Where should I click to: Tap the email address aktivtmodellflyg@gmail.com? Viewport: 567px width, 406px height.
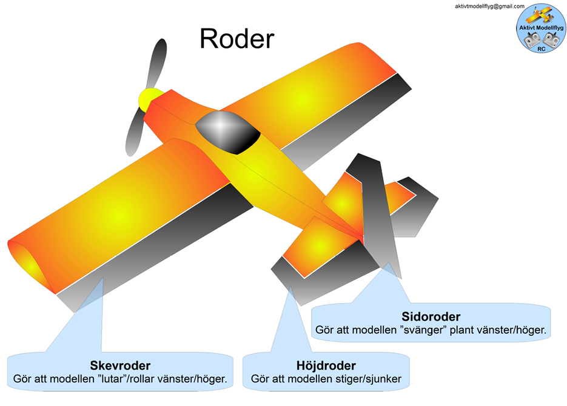pos(489,6)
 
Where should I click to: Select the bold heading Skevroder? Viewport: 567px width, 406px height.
pos(120,366)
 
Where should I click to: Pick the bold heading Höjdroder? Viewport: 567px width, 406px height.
pos(326,366)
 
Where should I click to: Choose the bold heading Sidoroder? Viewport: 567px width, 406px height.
pos(431,317)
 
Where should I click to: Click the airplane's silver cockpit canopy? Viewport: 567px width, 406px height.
pos(226,131)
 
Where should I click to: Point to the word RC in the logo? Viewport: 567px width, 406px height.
pos(541,48)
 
